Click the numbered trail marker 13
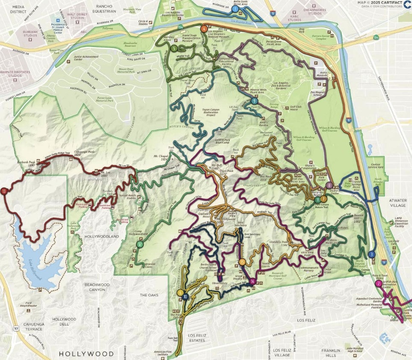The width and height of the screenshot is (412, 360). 4,191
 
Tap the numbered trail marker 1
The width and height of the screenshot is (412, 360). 235,8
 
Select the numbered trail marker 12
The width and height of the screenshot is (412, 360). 140,244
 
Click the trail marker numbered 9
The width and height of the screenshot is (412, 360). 254,101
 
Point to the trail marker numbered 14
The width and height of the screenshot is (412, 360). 253,281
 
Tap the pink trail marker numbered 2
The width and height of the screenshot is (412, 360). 378,284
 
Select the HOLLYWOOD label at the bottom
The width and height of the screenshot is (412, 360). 86,354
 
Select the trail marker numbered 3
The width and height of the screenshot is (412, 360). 372,255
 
